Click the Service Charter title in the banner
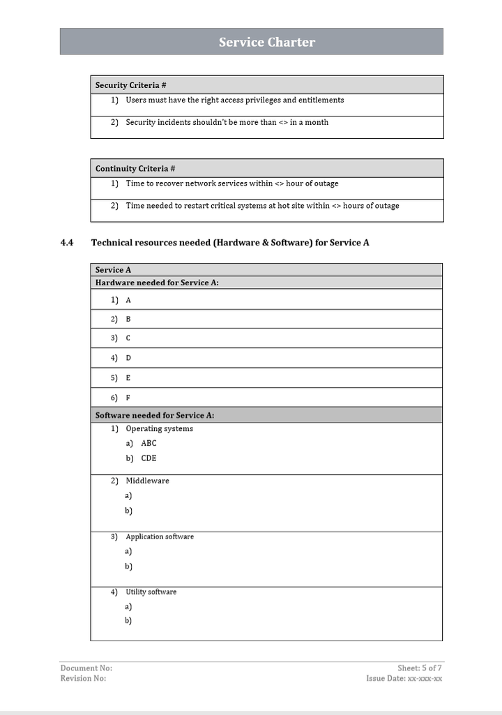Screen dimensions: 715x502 click(266, 42)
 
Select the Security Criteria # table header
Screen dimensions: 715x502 click(130, 85)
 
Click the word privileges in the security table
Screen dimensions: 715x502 click(259, 100)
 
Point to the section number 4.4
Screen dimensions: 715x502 click(67, 243)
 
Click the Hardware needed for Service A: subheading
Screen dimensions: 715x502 click(157, 283)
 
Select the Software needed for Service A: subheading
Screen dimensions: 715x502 click(154, 415)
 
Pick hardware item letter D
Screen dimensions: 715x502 click(128, 358)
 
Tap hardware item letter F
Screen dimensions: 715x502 click(128, 398)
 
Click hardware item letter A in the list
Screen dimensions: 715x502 click(128, 300)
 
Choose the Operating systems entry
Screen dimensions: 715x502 click(159, 428)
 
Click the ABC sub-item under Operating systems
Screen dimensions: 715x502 click(149, 443)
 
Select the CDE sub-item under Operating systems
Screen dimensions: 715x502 click(149, 458)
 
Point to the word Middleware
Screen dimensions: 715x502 click(147, 481)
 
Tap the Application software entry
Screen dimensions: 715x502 click(160, 536)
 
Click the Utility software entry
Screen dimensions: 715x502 click(151, 592)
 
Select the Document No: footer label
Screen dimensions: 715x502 click(86, 668)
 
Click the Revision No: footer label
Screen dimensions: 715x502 click(83, 678)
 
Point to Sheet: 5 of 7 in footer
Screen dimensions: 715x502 click(420, 668)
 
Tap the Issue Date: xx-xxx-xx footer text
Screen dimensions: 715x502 click(404, 678)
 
